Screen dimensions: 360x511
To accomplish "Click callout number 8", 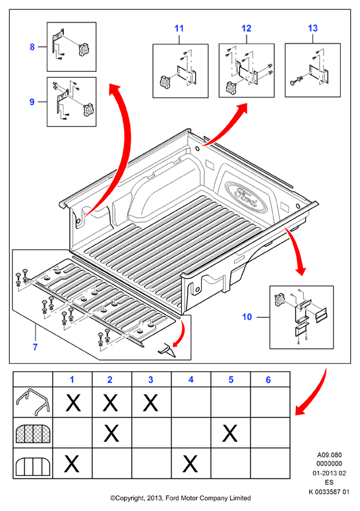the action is point(32,47).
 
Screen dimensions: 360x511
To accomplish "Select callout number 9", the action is point(32,102).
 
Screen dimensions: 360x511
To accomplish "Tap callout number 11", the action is point(179,28).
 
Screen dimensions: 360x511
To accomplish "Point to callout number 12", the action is point(247,28).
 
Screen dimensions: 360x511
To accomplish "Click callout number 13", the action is point(313,28).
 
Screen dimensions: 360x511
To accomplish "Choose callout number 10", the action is point(247,316).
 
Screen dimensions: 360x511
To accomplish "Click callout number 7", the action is point(35,347).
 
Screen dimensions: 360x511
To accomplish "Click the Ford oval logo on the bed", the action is point(246,197).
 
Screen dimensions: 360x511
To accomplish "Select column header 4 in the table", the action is point(191,380).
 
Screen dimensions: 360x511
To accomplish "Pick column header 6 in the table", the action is point(268,380).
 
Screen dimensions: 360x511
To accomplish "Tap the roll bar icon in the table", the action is point(32,402).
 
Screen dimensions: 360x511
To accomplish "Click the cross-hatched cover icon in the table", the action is point(32,434).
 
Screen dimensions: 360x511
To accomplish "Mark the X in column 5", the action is point(230,433).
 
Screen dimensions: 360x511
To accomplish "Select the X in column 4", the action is point(191,464).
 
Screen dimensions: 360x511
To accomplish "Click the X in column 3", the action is point(150,402).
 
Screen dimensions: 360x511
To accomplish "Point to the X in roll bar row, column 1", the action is point(73,402).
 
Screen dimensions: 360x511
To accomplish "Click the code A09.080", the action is point(330,454).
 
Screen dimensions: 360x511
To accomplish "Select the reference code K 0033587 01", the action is point(329,492).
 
